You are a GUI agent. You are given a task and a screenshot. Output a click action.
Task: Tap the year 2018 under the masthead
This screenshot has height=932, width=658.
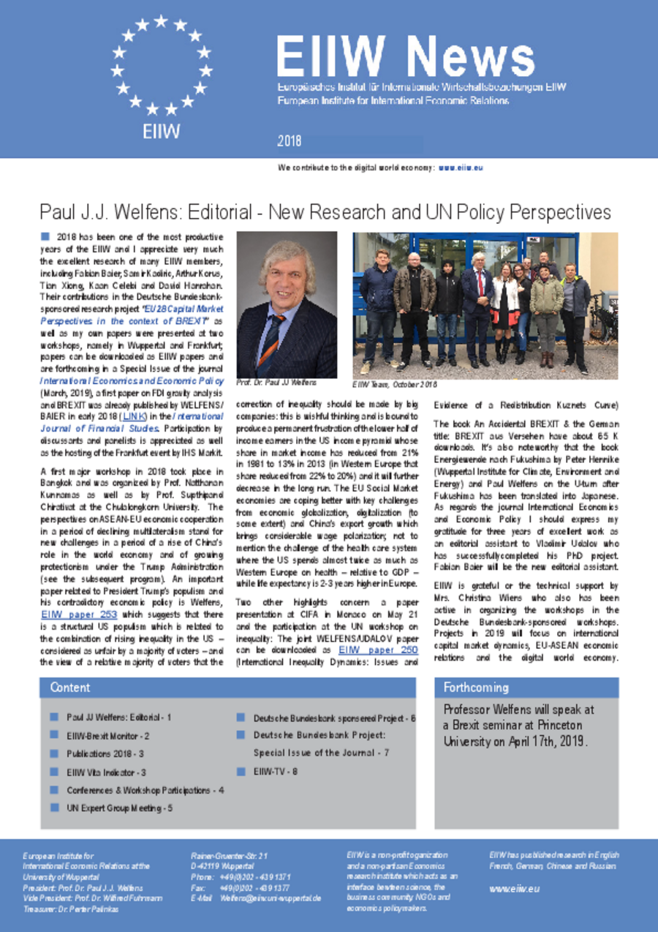[x=289, y=140]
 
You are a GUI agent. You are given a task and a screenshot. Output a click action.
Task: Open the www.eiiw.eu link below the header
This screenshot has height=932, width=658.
[x=461, y=168]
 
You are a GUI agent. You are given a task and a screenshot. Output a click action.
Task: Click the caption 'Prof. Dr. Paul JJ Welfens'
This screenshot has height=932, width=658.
[x=272, y=382]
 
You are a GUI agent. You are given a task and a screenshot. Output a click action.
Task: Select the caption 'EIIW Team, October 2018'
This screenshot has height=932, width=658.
[x=394, y=383]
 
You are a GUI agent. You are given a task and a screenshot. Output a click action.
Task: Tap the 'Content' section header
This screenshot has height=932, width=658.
[x=70, y=687]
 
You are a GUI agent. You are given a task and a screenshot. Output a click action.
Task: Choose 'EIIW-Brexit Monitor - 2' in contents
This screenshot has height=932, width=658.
[x=107, y=735]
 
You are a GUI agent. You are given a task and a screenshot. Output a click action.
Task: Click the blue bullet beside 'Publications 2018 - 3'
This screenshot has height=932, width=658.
[x=54, y=753]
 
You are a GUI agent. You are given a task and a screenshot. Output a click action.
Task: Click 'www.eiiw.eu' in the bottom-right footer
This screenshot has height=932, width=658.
[x=514, y=888]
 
